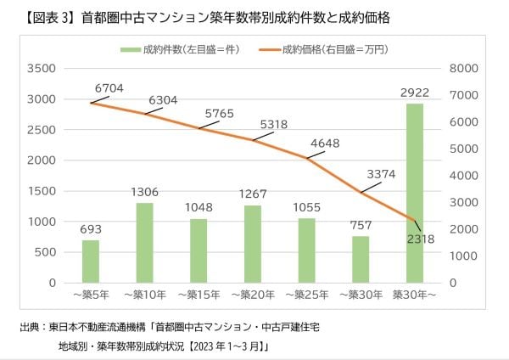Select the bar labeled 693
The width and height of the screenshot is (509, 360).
pyautogui.click(x=90, y=261)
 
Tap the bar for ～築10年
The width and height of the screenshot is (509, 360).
pyautogui.click(x=144, y=242)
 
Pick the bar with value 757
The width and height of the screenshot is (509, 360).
pyautogui.click(x=361, y=259)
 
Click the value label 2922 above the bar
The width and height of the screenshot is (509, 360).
pyautogui.click(x=415, y=91)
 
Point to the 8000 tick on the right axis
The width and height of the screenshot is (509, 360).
pyautogui.click(x=465, y=69)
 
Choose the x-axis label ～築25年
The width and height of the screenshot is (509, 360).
pyautogui.click(x=306, y=295)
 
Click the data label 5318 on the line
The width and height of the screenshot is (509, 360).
pyautogui.click(x=271, y=124)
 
